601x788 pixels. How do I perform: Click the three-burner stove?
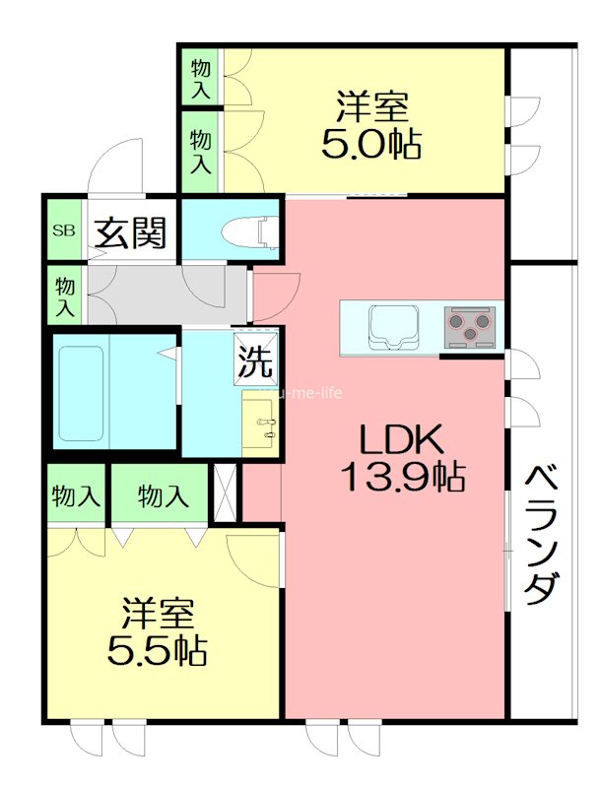tap(470, 326)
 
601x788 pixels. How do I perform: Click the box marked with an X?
tap(226, 490)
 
